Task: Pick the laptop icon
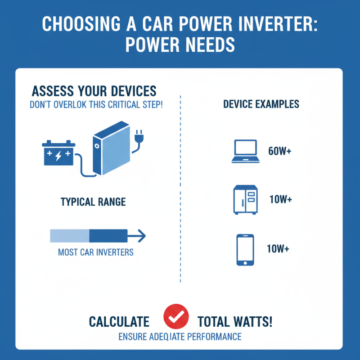click(245, 151)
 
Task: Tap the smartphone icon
click(245, 249)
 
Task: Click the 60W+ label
click(279, 152)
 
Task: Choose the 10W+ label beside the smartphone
click(277, 249)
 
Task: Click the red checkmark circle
click(173, 318)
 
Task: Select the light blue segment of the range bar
click(70, 234)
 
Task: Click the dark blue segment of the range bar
click(108, 234)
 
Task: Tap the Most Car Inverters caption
click(96, 252)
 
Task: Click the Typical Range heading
click(94, 202)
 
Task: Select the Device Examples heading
click(261, 104)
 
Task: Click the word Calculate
click(119, 322)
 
